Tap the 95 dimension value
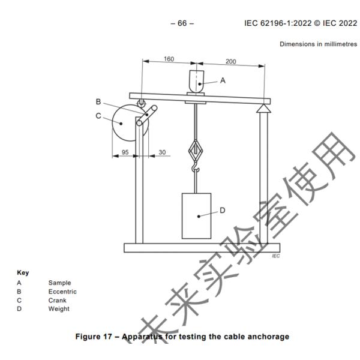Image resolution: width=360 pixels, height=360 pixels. (x=126, y=152)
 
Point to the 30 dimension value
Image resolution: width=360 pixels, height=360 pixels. (x=161, y=152)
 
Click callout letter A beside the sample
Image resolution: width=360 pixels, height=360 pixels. (x=223, y=80)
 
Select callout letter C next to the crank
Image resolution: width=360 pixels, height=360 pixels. (x=98, y=116)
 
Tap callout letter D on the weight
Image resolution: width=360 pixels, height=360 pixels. (x=221, y=210)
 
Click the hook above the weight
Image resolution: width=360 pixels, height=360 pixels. (x=195, y=170)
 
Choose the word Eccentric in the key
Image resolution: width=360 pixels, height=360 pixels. (x=62, y=292)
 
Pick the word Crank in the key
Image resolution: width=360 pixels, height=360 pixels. (x=58, y=300)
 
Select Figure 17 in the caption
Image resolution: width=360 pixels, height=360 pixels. (x=98, y=336)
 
